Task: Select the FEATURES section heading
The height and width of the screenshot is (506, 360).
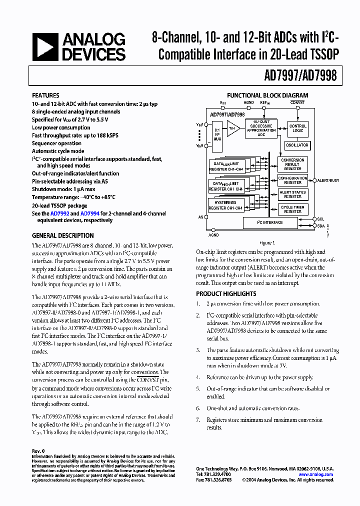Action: tap(45, 95)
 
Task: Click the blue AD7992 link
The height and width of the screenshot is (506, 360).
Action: tap(59, 213)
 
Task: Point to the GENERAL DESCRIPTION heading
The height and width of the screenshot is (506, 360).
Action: tap(62, 235)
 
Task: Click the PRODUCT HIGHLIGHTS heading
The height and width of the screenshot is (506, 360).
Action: tap(226, 294)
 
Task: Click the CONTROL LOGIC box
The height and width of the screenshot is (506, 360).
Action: tap(298, 128)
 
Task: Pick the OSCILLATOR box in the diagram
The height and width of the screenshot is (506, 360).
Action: tap(297, 145)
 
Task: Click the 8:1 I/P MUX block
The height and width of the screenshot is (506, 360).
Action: tap(216, 137)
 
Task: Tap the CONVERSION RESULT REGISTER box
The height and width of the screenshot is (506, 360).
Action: tap(292, 164)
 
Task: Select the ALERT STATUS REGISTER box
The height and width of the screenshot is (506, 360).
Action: tap(292, 194)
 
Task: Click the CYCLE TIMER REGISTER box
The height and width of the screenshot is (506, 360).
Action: tap(292, 209)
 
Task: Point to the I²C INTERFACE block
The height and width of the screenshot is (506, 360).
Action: tap(270, 222)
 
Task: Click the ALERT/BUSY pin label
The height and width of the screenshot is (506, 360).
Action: tap(328, 180)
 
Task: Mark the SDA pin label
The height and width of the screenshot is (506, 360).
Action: tap(321, 226)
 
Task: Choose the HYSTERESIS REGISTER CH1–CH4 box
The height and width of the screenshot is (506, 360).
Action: tap(225, 205)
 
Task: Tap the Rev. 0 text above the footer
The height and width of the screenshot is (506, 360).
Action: tap(38, 450)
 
